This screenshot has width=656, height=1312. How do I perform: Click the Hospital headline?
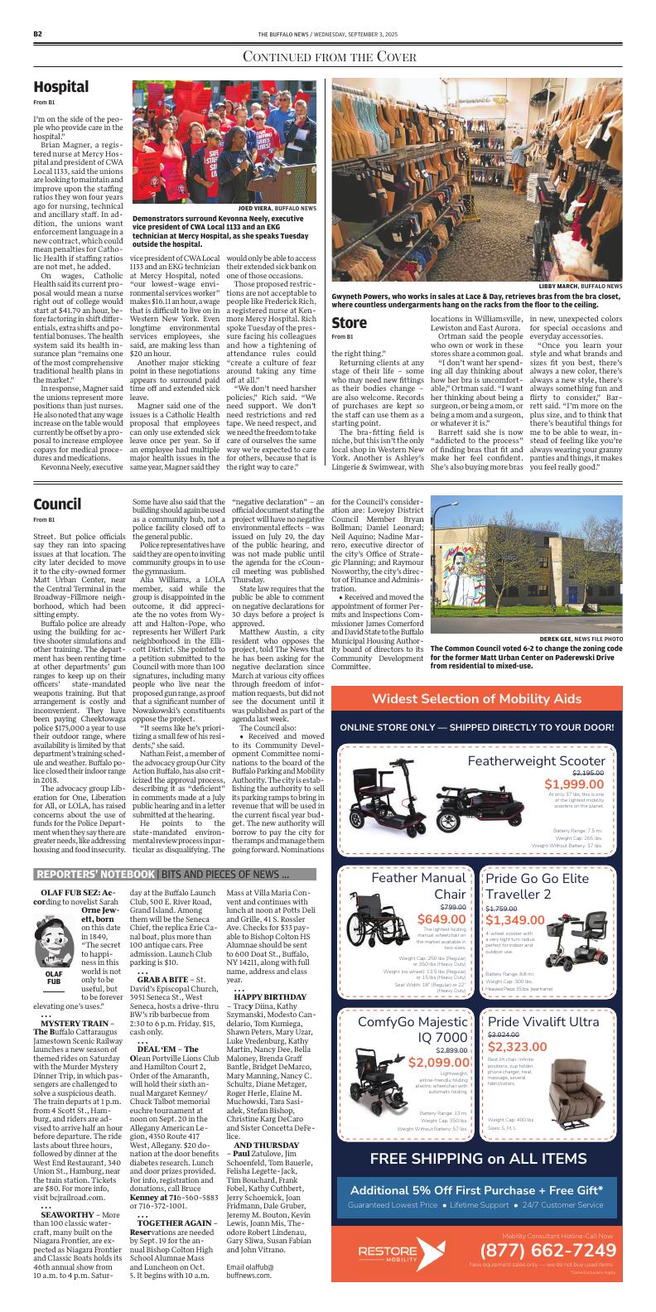point(60,87)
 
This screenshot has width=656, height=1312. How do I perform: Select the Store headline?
point(349,321)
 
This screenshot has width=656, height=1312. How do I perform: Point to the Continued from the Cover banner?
point(327,56)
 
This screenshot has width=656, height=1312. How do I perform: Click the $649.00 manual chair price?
point(441,919)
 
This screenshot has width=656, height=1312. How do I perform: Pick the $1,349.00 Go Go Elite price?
point(514,919)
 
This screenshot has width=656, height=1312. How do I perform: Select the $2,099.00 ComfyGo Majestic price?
point(440,1063)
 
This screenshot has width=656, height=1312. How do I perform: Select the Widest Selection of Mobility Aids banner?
point(476,675)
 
